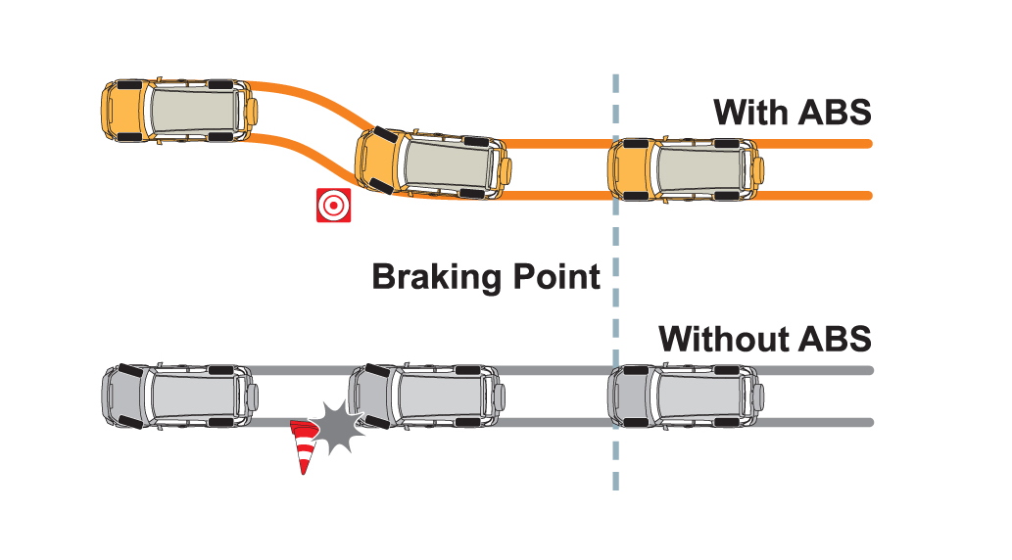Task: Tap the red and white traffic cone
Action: pos(308,446)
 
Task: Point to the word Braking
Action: pos(438,277)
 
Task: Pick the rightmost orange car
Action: pos(684,168)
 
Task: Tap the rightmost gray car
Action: pos(684,396)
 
